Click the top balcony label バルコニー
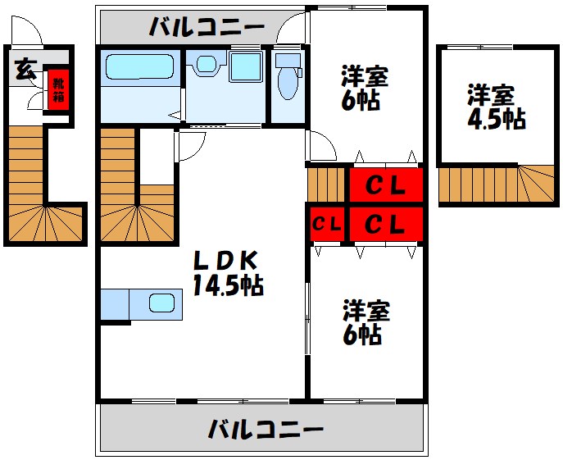[206, 27]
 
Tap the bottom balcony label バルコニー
[265, 429]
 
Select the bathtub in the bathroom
[140, 68]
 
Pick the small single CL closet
[327, 224]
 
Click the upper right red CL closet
[385, 185]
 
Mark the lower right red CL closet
[385, 223]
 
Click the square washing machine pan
[245, 67]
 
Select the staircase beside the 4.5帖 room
[500, 185]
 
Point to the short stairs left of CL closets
[327, 184]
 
